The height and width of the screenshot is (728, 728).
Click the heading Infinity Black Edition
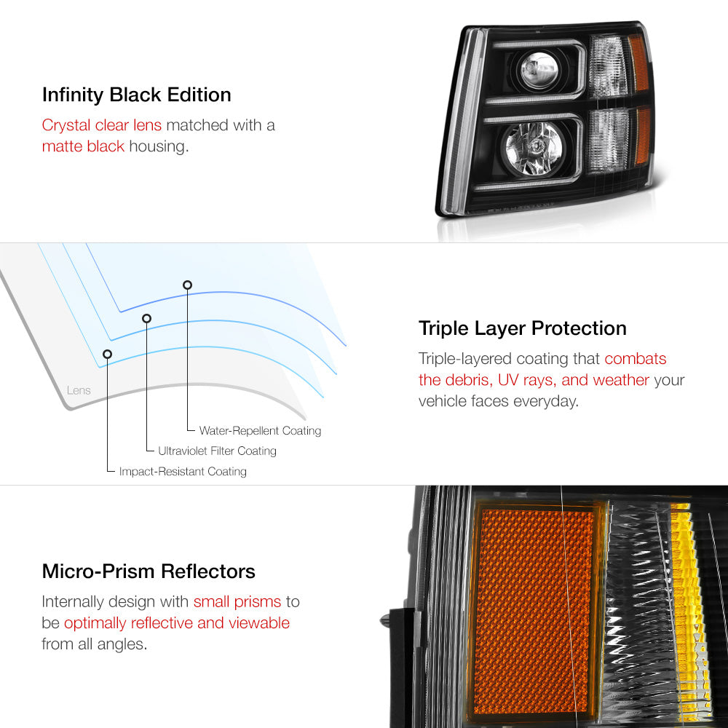tap(137, 95)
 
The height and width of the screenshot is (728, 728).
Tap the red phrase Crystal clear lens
tap(102, 125)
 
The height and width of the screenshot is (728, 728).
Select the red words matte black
tap(83, 146)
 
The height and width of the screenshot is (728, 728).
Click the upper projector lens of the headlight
tap(539, 70)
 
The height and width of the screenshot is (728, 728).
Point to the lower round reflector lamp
tap(534, 149)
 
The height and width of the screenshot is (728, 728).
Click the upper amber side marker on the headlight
tap(639, 63)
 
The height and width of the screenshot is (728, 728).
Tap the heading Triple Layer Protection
tap(522, 328)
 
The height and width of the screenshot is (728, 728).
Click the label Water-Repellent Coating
tap(260, 430)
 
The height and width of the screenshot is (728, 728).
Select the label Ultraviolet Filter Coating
tap(217, 451)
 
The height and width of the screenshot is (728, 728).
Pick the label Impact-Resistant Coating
tap(183, 471)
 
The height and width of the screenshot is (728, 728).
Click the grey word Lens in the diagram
tap(79, 390)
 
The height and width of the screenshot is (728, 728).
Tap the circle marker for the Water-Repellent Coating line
tap(187, 285)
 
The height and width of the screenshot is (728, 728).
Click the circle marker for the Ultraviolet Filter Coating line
tap(147, 318)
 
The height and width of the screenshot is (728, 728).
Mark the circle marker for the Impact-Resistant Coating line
tap(107, 355)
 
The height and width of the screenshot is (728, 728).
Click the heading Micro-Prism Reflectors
tap(149, 571)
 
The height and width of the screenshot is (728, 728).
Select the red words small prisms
tap(237, 602)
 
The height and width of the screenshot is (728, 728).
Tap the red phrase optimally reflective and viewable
tap(177, 623)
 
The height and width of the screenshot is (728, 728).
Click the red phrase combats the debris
tap(543, 370)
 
